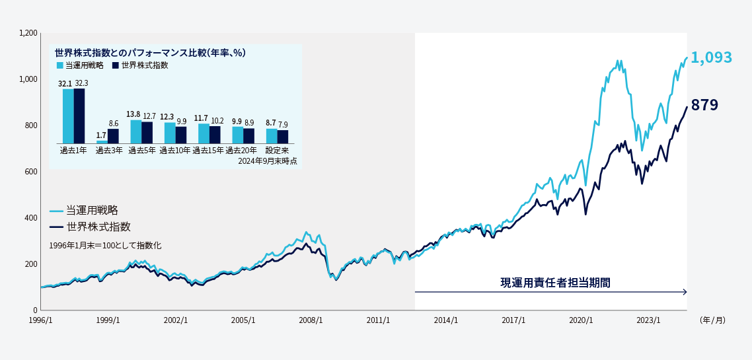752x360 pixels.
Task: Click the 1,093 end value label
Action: click(x=712, y=58)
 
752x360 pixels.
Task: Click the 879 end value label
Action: click(x=704, y=105)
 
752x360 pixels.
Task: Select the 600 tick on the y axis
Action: click(x=30, y=172)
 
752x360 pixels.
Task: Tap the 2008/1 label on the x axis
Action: click(x=311, y=320)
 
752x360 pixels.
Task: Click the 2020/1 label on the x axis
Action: click(x=582, y=320)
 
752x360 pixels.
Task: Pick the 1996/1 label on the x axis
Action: click(x=41, y=320)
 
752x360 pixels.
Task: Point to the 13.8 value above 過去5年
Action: click(x=133, y=115)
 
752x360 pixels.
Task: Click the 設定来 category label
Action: click(x=277, y=151)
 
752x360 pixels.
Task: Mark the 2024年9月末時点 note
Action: click(x=267, y=161)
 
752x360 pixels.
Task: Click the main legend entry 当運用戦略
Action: click(x=92, y=211)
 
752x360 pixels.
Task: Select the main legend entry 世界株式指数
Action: click(x=98, y=227)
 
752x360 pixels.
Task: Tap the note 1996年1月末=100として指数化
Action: click(x=105, y=245)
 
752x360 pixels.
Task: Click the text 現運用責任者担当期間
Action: click(x=555, y=282)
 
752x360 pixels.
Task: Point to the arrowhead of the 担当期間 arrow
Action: click(x=685, y=292)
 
